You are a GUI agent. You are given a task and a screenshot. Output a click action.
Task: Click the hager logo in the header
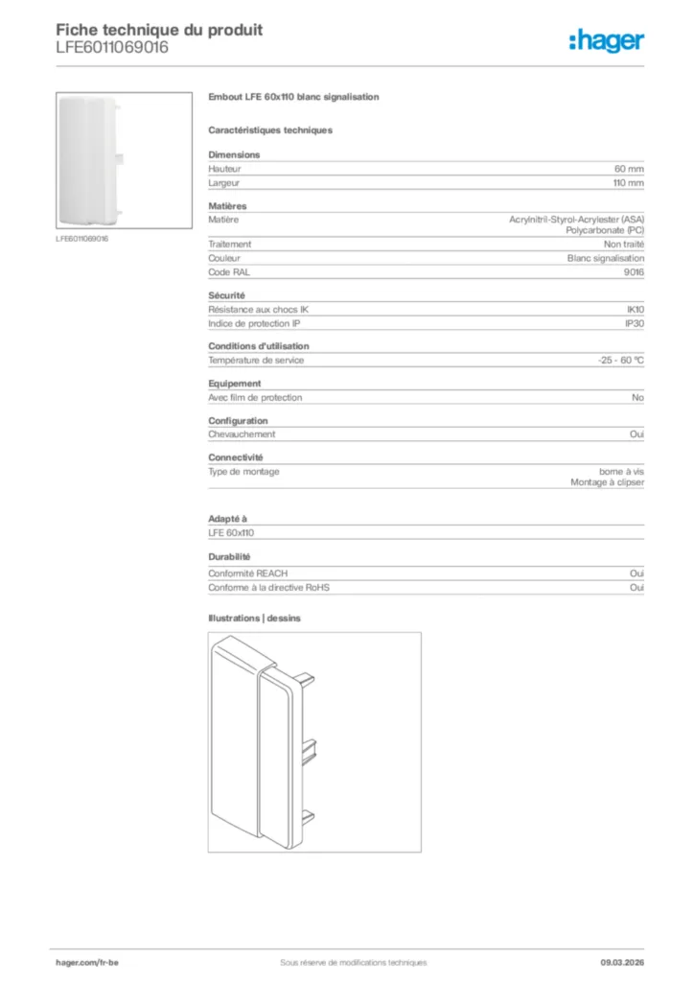[606, 40]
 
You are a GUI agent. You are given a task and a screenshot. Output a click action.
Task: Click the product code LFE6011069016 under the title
[112, 47]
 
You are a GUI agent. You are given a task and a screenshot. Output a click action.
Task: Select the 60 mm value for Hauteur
[629, 169]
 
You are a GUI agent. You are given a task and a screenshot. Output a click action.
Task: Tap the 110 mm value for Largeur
[628, 182]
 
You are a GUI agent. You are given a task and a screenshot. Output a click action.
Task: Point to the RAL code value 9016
[634, 272]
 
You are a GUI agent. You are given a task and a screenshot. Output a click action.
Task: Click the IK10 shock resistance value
[635, 310]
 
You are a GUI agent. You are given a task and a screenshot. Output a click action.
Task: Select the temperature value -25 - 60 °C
[620, 361]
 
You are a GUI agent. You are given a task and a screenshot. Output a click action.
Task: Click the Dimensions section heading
[234, 154]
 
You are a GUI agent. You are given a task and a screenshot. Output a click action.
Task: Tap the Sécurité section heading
[227, 295]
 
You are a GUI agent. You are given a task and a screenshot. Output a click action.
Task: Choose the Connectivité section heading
[236, 457]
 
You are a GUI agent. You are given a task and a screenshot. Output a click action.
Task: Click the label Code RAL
[228, 272]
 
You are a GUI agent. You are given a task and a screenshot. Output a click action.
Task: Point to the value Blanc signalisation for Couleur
[605, 258]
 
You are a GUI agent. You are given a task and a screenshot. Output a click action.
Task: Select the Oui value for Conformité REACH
[636, 573]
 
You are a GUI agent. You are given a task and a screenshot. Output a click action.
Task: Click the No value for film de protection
[637, 398]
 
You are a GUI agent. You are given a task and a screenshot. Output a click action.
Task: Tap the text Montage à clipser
[607, 483]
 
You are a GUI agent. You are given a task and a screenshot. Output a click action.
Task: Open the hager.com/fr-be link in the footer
[87, 963]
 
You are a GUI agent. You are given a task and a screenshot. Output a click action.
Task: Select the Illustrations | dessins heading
[254, 619]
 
